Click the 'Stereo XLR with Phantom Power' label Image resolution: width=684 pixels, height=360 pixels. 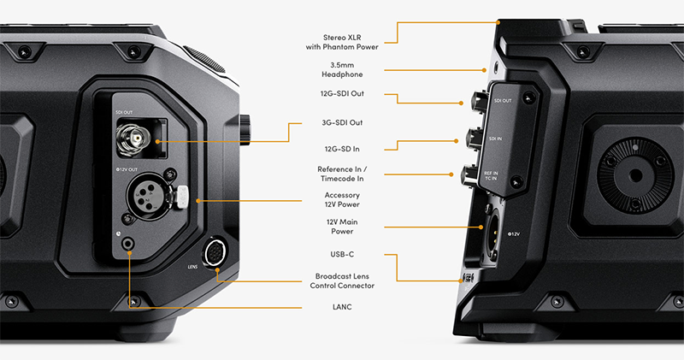342,42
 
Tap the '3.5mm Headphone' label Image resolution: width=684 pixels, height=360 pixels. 342,70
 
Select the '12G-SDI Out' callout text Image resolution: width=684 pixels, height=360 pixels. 342,93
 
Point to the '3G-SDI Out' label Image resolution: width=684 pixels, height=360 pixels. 342,122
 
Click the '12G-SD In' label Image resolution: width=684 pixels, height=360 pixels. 342,149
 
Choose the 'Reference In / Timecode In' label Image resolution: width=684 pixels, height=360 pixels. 342,174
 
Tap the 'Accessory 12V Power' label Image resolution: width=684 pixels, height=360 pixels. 342,199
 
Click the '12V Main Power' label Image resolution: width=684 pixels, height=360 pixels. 342,227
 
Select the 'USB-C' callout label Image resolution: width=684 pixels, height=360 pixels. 342,254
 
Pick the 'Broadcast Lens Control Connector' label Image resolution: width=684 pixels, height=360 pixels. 342,281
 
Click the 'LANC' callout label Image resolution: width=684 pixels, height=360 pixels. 342,307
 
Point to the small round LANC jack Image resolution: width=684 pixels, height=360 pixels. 128,244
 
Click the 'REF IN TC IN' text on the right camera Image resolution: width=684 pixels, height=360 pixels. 491,176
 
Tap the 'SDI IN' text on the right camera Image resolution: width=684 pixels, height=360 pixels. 495,139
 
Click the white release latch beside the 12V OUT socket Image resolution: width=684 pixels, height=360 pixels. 182,197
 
